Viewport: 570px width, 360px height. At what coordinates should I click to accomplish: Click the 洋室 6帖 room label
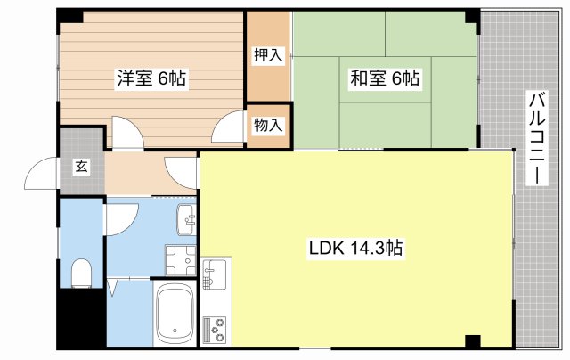(151, 79)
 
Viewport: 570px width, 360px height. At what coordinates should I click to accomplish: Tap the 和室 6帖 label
(383, 78)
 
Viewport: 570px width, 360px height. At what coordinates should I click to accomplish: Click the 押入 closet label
(267, 56)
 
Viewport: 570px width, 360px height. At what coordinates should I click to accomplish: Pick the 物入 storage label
(267, 126)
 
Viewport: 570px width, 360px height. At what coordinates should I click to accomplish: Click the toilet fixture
(80, 272)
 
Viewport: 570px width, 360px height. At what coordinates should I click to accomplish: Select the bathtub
(175, 314)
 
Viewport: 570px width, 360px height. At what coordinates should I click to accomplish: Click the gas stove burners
(216, 330)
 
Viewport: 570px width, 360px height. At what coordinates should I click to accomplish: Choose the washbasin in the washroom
(186, 217)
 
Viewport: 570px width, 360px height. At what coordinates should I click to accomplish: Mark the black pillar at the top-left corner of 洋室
(69, 17)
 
